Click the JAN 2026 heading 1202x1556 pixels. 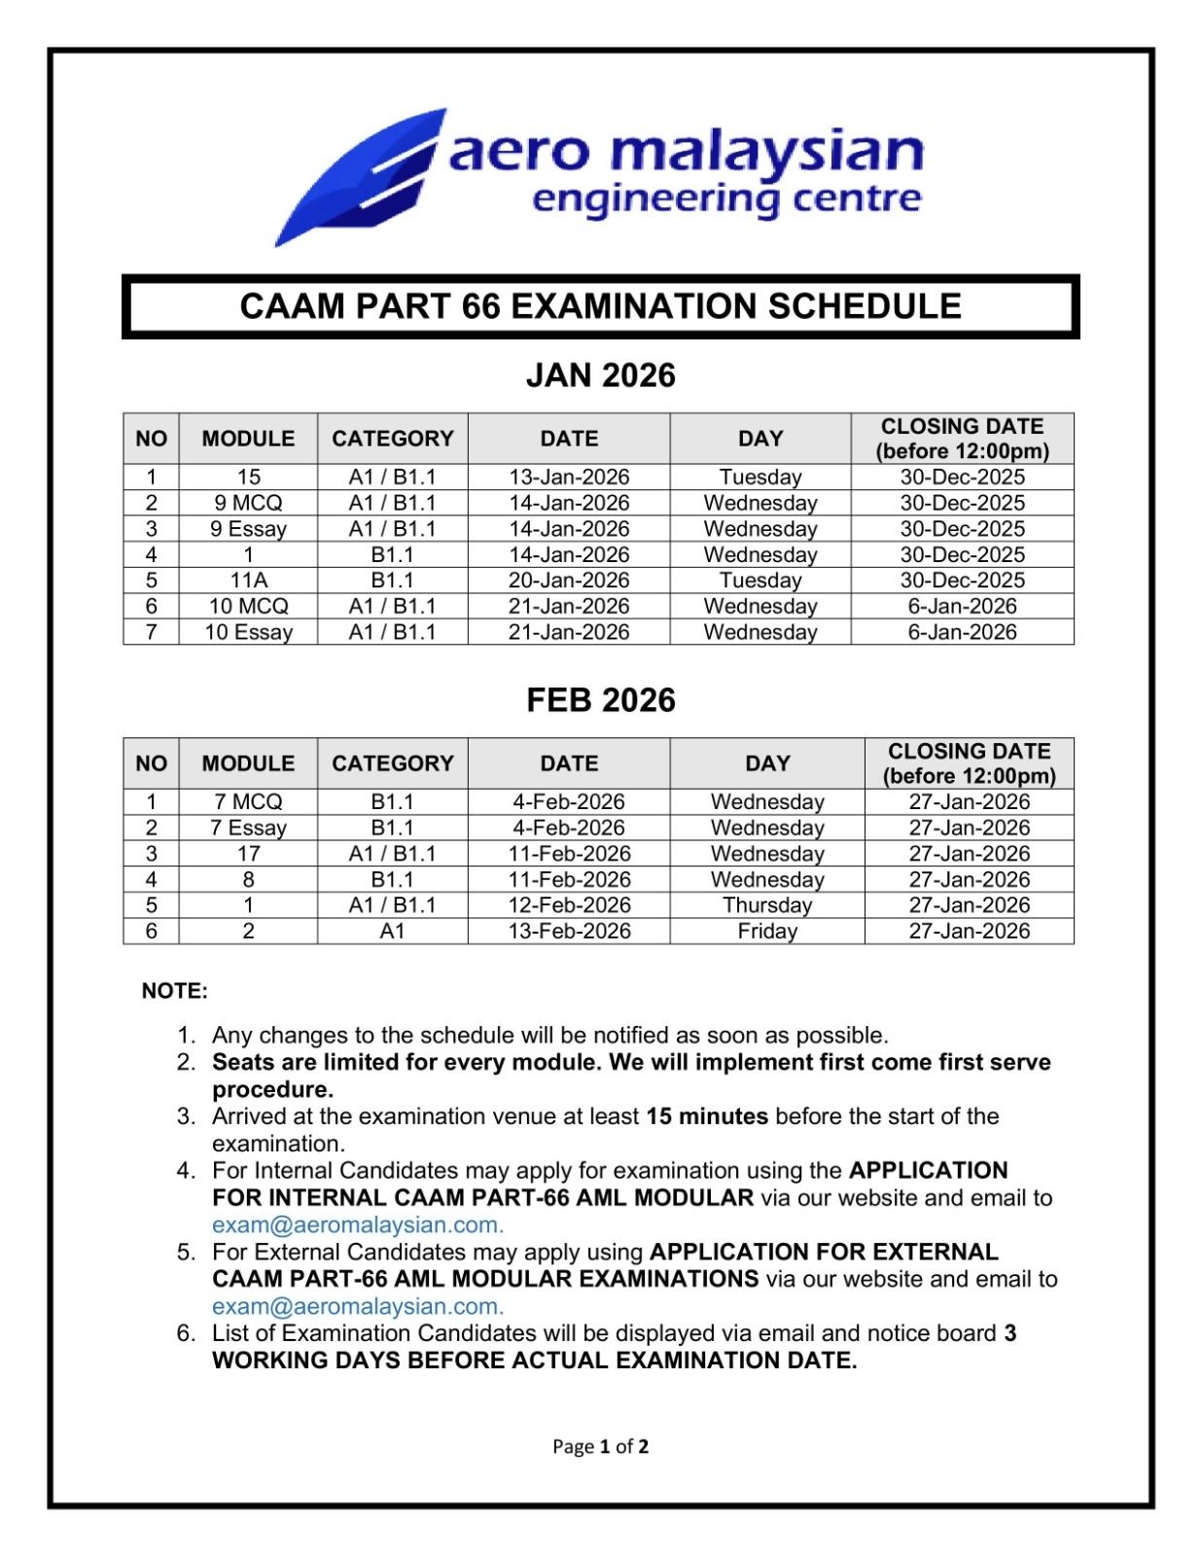[x=600, y=375]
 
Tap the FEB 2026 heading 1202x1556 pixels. [x=600, y=700]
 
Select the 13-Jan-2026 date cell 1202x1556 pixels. [x=569, y=477]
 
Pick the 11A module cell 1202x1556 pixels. [x=248, y=581]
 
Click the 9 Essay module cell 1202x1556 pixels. [x=248, y=529]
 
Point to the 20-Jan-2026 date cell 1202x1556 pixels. [x=569, y=581]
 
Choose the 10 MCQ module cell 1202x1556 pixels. [x=248, y=606]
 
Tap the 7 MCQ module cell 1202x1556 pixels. [x=248, y=801]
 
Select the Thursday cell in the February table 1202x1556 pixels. [x=766, y=905]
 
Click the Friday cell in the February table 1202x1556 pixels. [x=766, y=931]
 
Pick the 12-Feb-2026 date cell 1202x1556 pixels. [x=569, y=905]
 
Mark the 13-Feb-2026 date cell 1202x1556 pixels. [x=569, y=931]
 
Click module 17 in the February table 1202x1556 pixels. [x=248, y=854]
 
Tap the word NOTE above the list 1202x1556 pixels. [x=174, y=991]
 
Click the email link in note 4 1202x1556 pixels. [x=357, y=1224]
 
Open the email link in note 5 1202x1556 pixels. [x=357, y=1306]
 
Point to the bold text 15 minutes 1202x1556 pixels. [x=707, y=1116]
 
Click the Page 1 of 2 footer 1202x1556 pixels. [x=600, y=1446]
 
